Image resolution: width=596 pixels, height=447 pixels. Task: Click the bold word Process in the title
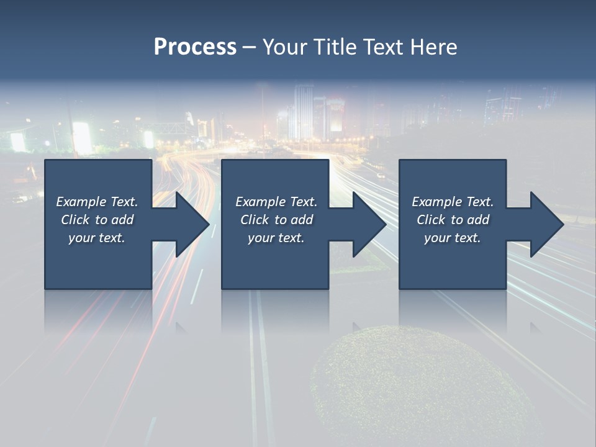195,47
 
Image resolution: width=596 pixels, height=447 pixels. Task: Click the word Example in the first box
81,202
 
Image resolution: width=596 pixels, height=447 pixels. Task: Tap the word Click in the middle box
254,220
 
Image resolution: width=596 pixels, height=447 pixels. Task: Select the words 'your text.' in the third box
452,238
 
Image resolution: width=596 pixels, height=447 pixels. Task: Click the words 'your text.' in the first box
97,238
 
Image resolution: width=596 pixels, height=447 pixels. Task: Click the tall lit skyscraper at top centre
304,112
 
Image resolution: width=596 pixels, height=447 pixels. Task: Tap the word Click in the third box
431,220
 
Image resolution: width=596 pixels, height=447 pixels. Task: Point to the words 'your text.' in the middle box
276,238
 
